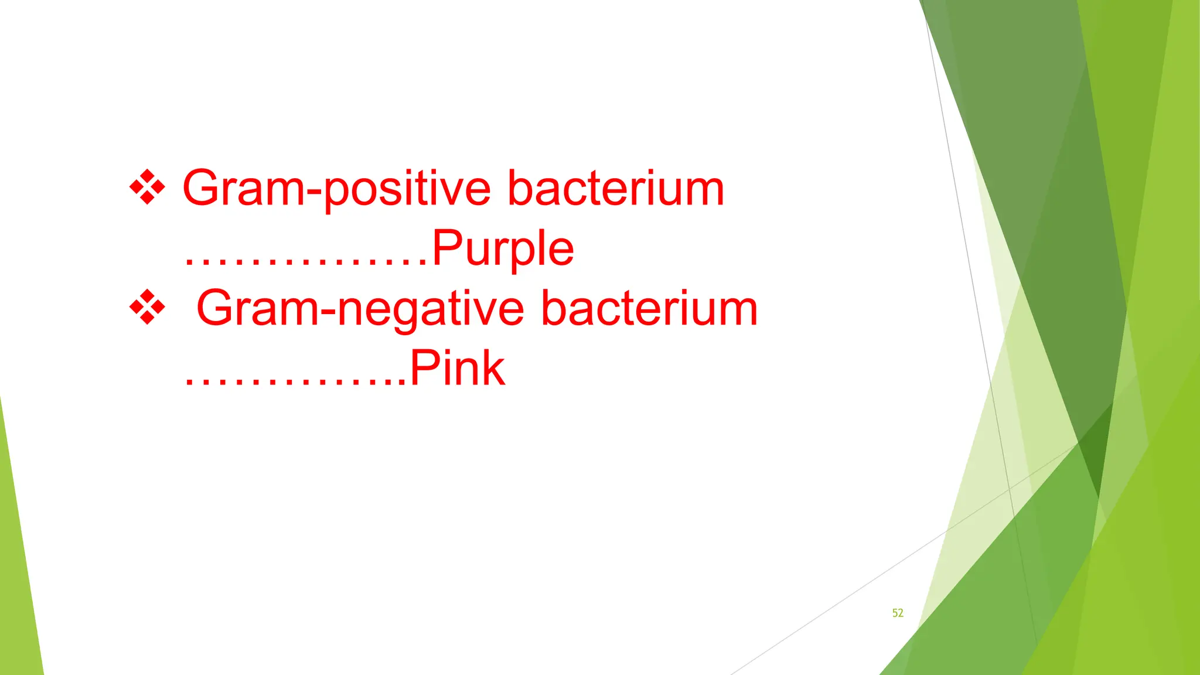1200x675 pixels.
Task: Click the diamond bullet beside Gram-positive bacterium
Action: click(147, 187)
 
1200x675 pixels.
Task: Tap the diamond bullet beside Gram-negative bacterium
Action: click(147, 307)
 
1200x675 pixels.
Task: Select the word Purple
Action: click(503, 248)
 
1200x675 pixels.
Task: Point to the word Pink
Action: click(457, 369)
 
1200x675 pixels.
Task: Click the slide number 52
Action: click(898, 613)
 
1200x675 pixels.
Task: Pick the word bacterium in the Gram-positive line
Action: click(616, 189)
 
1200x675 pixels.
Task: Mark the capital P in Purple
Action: click(448, 247)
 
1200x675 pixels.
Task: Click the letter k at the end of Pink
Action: click(491, 368)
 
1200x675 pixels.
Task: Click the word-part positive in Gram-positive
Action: click(407, 190)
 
